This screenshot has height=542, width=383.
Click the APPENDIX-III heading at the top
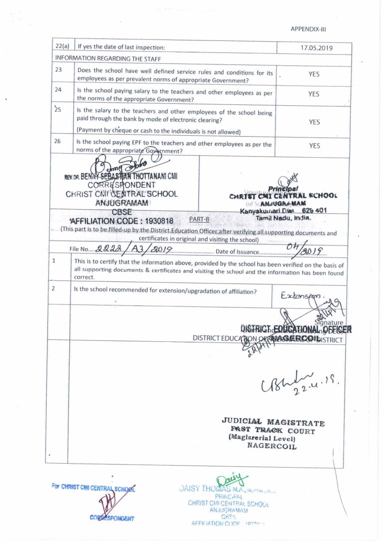click(x=308, y=29)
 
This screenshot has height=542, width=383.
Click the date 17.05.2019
click(x=314, y=48)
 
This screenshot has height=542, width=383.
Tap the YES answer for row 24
click(x=314, y=94)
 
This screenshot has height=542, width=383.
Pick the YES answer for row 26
click(x=314, y=146)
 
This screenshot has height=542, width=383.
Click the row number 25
click(x=58, y=109)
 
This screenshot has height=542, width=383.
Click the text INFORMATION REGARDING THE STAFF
click(x=98, y=58)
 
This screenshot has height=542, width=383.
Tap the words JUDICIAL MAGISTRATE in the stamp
click(x=273, y=422)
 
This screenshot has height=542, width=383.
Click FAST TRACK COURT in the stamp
click(x=272, y=430)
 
